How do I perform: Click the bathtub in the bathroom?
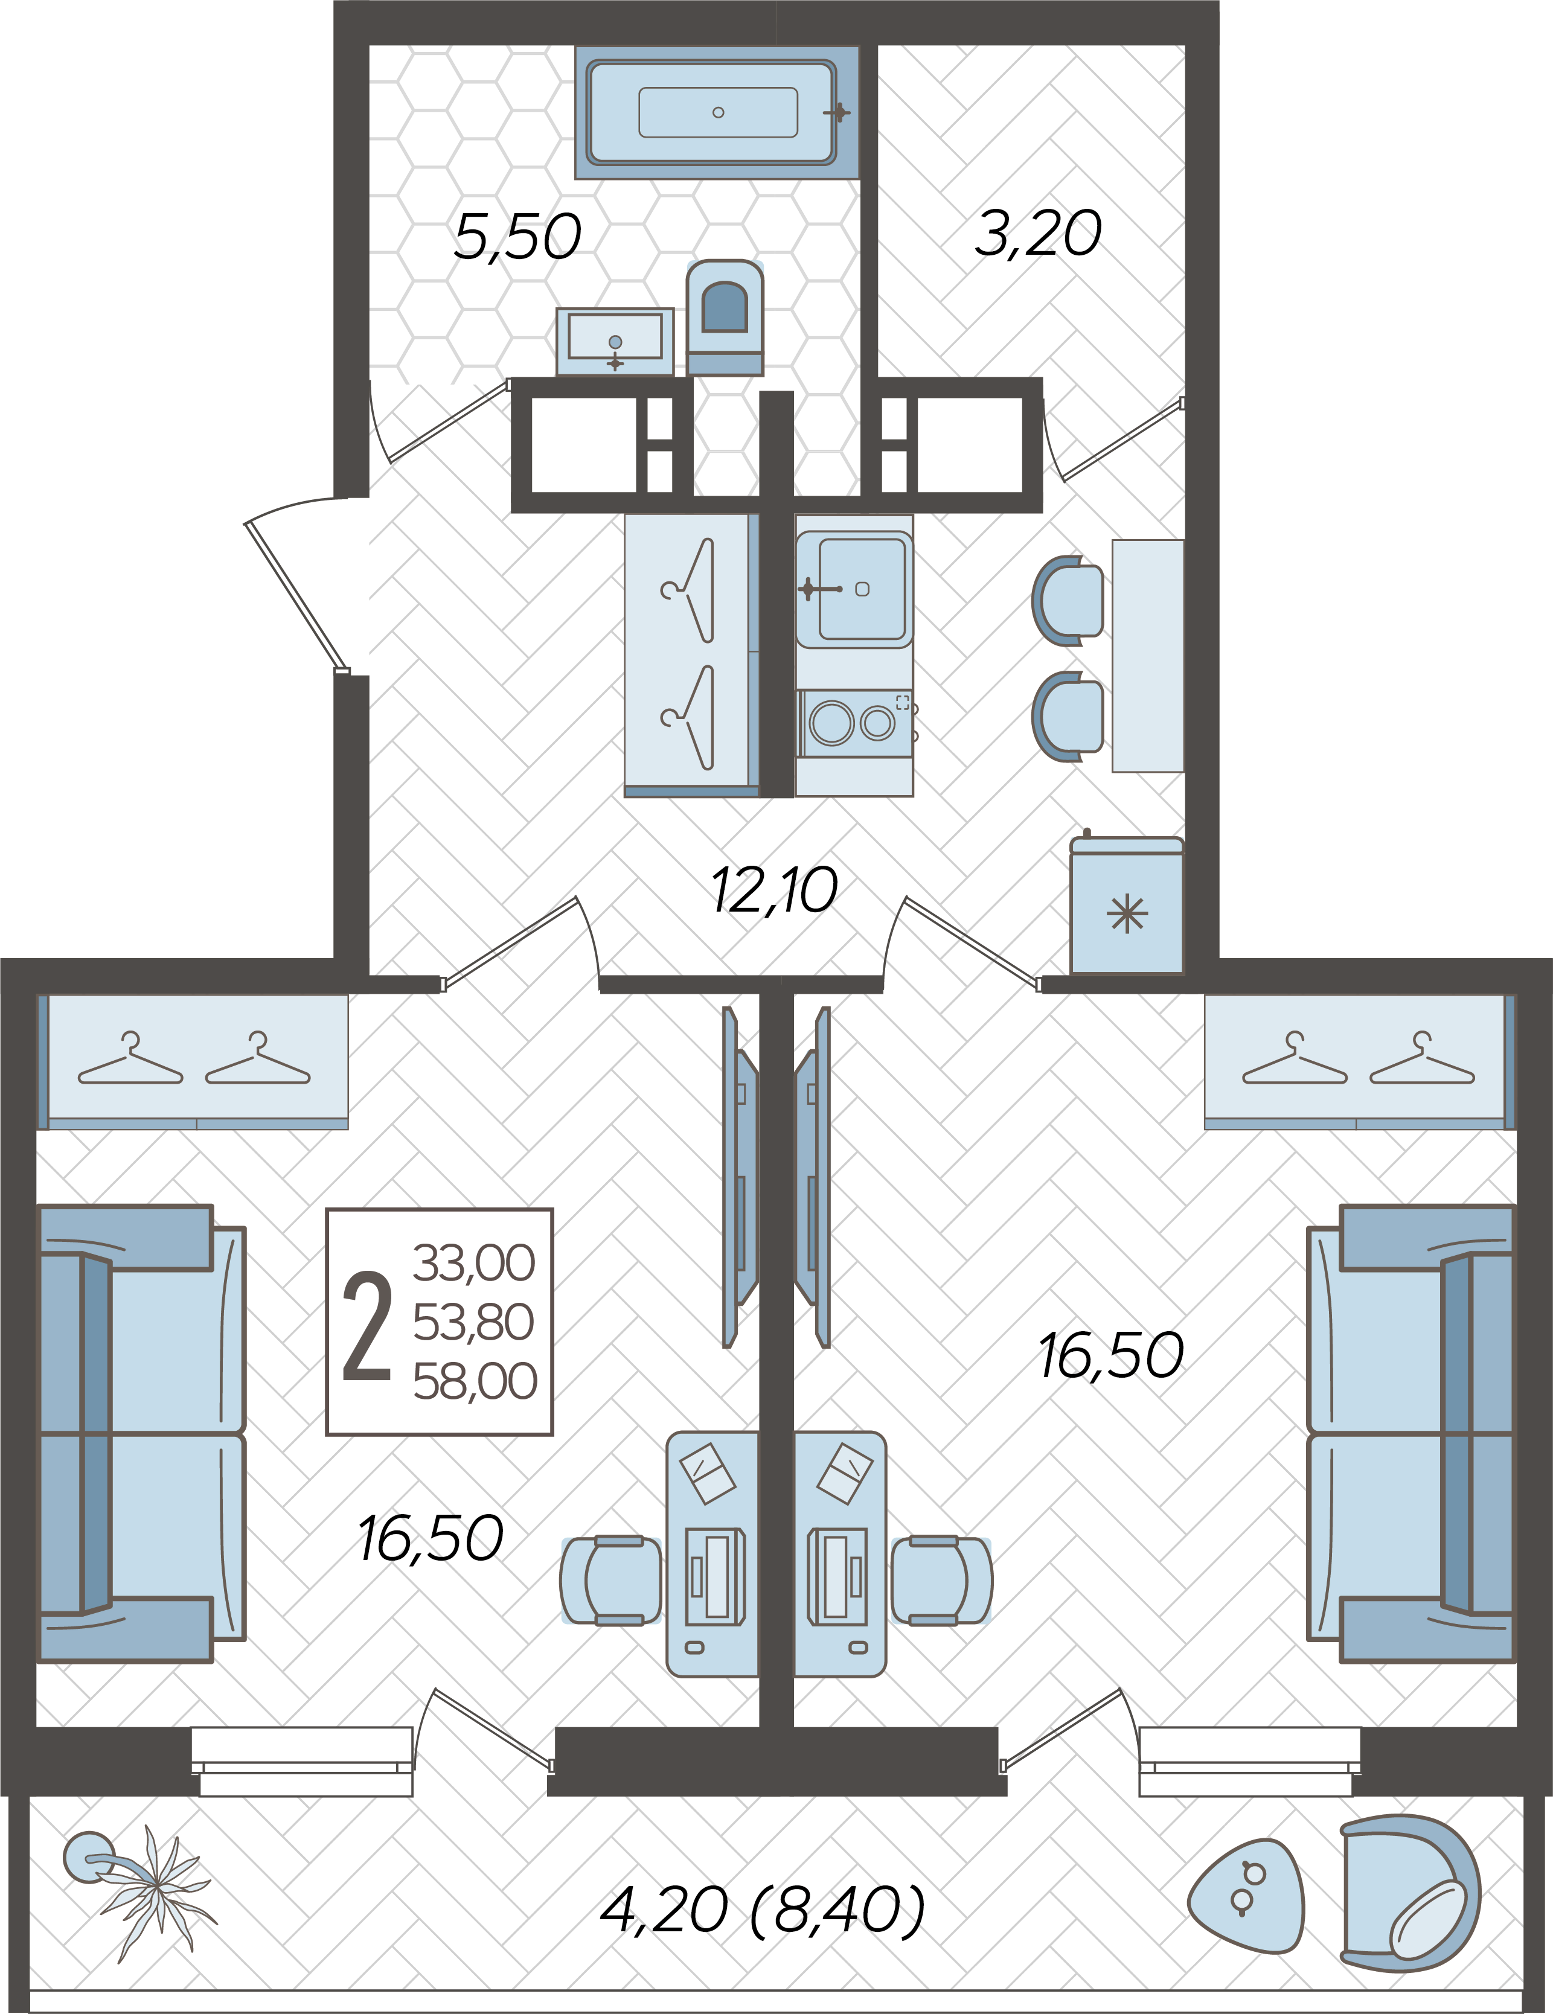(x=717, y=112)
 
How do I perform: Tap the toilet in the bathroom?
(x=725, y=313)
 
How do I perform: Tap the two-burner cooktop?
(x=854, y=723)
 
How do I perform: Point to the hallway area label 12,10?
(x=773, y=892)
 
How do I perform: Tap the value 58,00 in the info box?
(x=474, y=1381)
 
